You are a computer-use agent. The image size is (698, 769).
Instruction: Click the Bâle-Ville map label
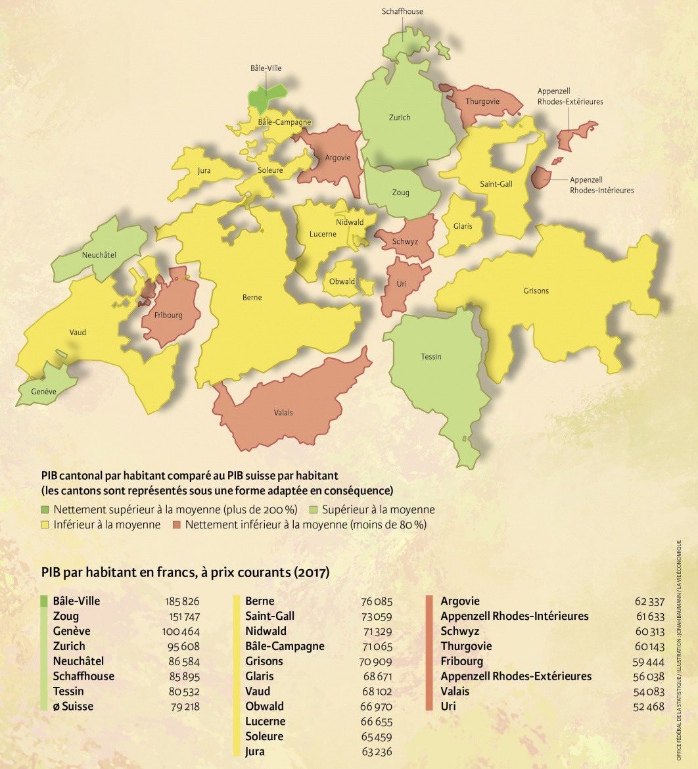coord(266,68)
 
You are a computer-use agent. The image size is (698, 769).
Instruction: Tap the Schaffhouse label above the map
coord(402,11)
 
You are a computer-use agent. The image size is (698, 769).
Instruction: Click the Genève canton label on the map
coord(44,392)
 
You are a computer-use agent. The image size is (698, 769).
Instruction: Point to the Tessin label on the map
coord(431,357)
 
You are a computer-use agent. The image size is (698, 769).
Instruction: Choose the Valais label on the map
coord(283,413)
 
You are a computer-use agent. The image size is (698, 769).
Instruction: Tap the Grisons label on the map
coord(536,291)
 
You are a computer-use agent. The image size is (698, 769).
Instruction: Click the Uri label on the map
coord(402,283)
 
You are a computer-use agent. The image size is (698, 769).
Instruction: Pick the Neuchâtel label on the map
coord(99,255)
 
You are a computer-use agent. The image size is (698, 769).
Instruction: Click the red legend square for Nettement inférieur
coord(176,525)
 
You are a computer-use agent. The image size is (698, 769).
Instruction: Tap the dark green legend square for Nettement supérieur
coord(45,510)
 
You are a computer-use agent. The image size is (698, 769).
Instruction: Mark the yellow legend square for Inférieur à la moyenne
coord(45,525)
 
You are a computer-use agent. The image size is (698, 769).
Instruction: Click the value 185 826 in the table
coord(183,601)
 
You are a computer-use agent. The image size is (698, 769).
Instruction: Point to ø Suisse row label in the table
coord(73,707)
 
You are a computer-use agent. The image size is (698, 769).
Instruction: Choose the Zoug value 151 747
coord(183,617)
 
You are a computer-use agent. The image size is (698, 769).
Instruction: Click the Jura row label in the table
coord(255,751)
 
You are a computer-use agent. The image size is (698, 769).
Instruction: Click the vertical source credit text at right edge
coord(679,651)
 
